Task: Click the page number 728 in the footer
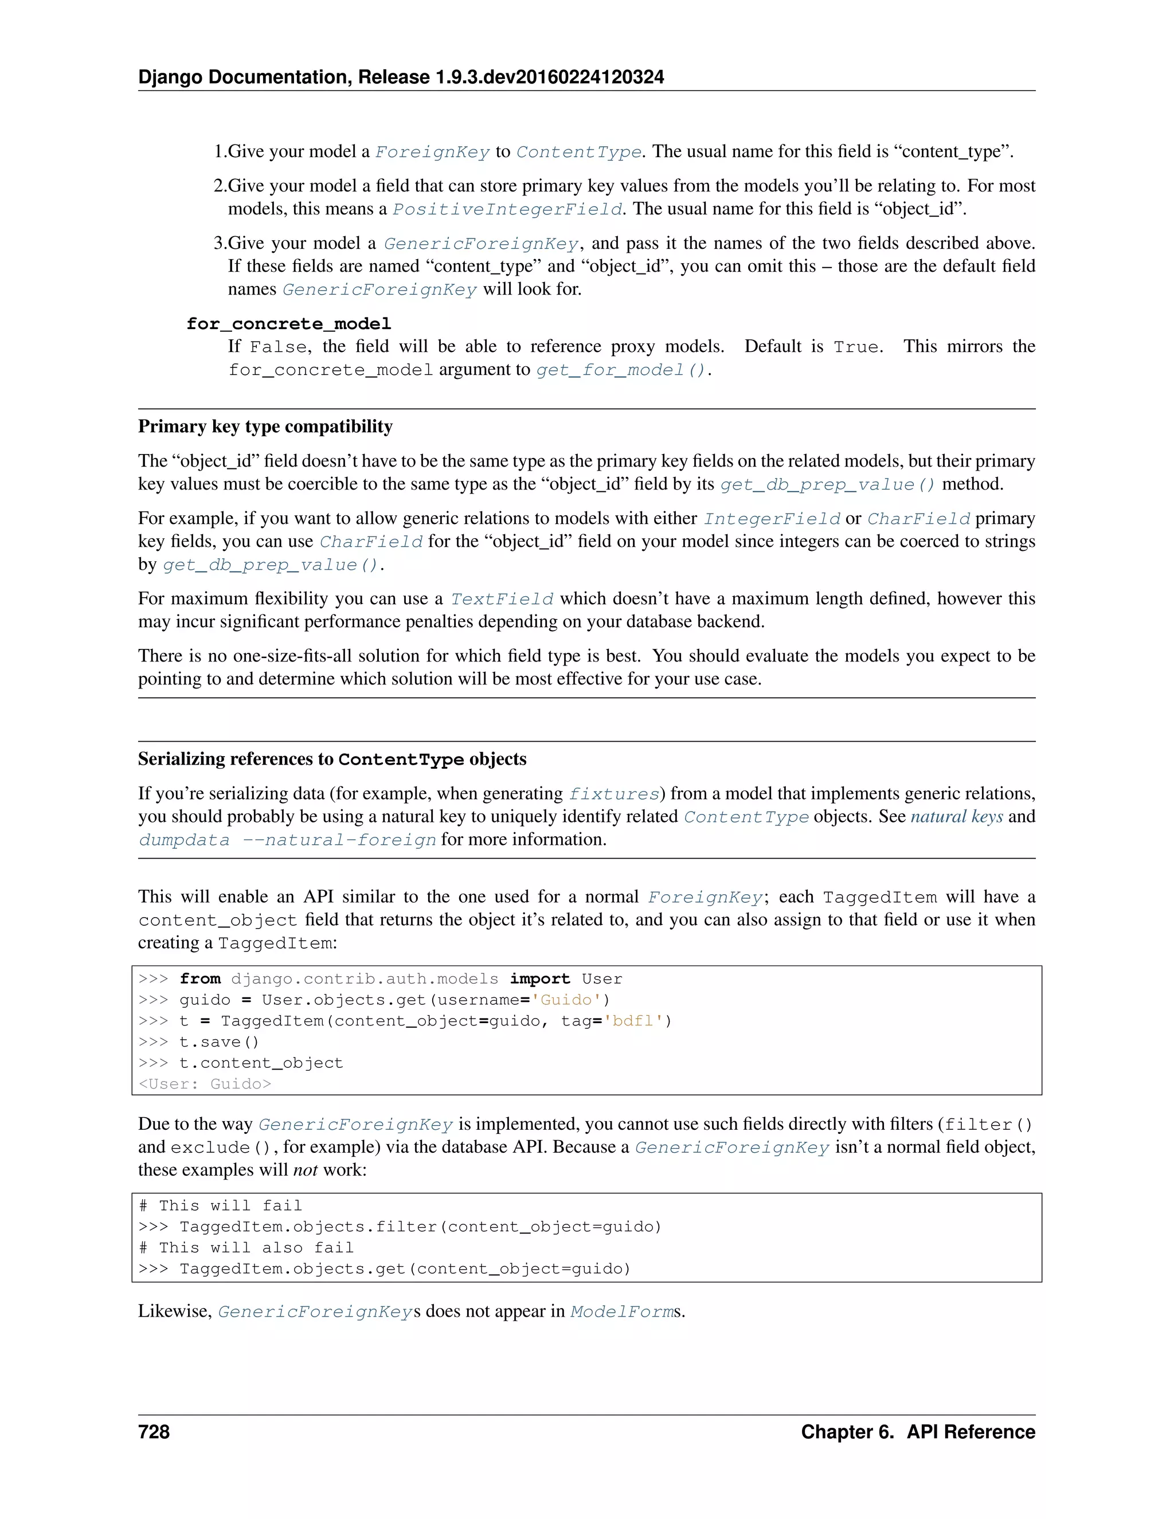click(x=154, y=1431)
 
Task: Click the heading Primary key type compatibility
click(x=265, y=426)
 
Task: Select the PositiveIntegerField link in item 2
click(x=507, y=209)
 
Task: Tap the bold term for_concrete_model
click(x=289, y=324)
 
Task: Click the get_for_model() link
click(x=620, y=370)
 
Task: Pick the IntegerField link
click(x=772, y=519)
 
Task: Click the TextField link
click(x=502, y=599)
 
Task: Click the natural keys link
click(x=956, y=816)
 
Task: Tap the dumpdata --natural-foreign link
click(x=287, y=840)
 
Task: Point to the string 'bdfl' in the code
click(x=632, y=1021)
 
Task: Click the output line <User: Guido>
click(x=205, y=1083)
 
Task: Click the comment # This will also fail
click(x=246, y=1248)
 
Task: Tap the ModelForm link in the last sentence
click(x=621, y=1311)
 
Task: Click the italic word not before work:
click(x=304, y=1170)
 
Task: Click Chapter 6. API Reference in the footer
click(x=917, y=1431)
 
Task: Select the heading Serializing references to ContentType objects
click(x=332, y=759)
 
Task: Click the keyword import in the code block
click(x=539, y=978)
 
